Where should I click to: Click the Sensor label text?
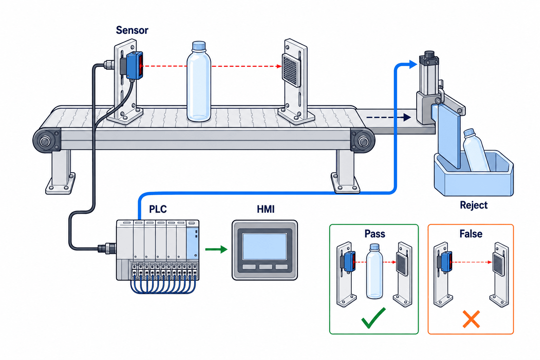[132, 30]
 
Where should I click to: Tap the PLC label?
[158, 209]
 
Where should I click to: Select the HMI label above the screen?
[266, 209]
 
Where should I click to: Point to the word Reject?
[474, 205]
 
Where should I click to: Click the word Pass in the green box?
[375, 234]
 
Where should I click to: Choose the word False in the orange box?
[471, 234]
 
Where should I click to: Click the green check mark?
[373, 318]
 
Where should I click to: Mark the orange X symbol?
[471, 319]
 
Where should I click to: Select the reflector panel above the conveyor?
[291, 70]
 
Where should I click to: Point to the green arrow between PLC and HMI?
[216, 249]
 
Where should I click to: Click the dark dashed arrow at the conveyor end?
[388, 117]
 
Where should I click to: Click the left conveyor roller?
[45, 141]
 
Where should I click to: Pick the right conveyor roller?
[363, 141]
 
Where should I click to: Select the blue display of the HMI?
[264, 246]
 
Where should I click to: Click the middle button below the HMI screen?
[265, 267]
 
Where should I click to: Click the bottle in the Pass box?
[374, 271]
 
